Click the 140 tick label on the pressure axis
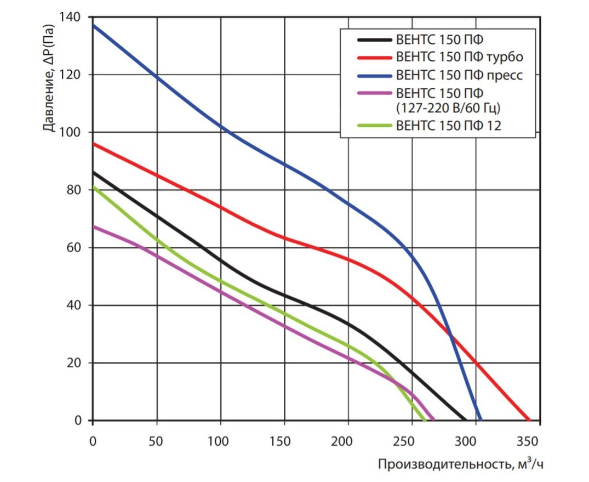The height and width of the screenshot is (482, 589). [73, 18]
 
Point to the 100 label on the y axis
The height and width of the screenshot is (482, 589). [73, 133]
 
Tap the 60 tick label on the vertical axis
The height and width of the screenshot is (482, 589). [76, 248]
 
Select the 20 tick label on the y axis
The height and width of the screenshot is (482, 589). [76, 363]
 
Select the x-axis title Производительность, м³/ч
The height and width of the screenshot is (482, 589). [461, 464]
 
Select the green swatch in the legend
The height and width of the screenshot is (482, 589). [374, 126]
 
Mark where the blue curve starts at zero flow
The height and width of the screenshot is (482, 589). [94, 25]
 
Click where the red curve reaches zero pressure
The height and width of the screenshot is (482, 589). [529, 420]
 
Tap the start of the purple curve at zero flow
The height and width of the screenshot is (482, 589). [94, 226]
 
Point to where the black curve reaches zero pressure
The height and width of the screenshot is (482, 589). [465, 420]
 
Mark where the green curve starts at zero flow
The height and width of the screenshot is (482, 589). [94, 187]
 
